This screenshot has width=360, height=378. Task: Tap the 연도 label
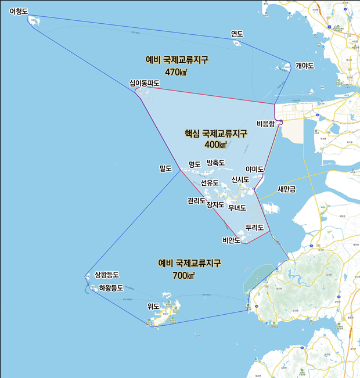237,34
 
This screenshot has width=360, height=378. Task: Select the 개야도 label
305,66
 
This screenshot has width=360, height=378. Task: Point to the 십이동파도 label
145,84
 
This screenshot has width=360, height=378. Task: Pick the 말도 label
166,169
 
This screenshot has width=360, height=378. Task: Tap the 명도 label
195,164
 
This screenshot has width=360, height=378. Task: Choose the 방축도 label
215,163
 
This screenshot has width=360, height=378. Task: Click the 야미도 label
255,169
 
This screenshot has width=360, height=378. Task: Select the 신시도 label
240,179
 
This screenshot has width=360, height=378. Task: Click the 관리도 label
196,201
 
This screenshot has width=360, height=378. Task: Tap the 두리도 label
255,227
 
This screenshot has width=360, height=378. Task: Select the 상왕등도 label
107,275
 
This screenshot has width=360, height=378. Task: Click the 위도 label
153,306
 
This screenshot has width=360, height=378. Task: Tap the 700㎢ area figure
184,275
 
